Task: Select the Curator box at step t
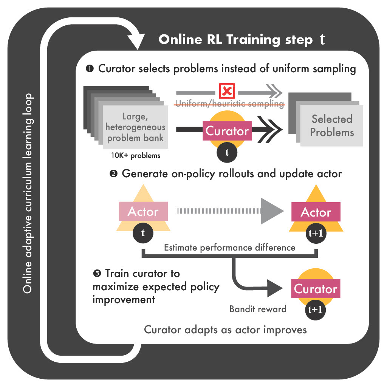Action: (x=227, y=131)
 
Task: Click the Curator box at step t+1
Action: (x=316, y=289)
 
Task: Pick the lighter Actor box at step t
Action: (x=143, y=212)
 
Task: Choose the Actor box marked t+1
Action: (x=316, y=212)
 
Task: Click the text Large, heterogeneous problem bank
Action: (x=135, y=127)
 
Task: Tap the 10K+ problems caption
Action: (x=135, y=155)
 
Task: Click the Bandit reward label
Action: (x=258, y=309)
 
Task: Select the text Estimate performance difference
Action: (x=229, y=248)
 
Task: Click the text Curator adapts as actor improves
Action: (x=225, y=330)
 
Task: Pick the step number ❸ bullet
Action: (x=97, y=273)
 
